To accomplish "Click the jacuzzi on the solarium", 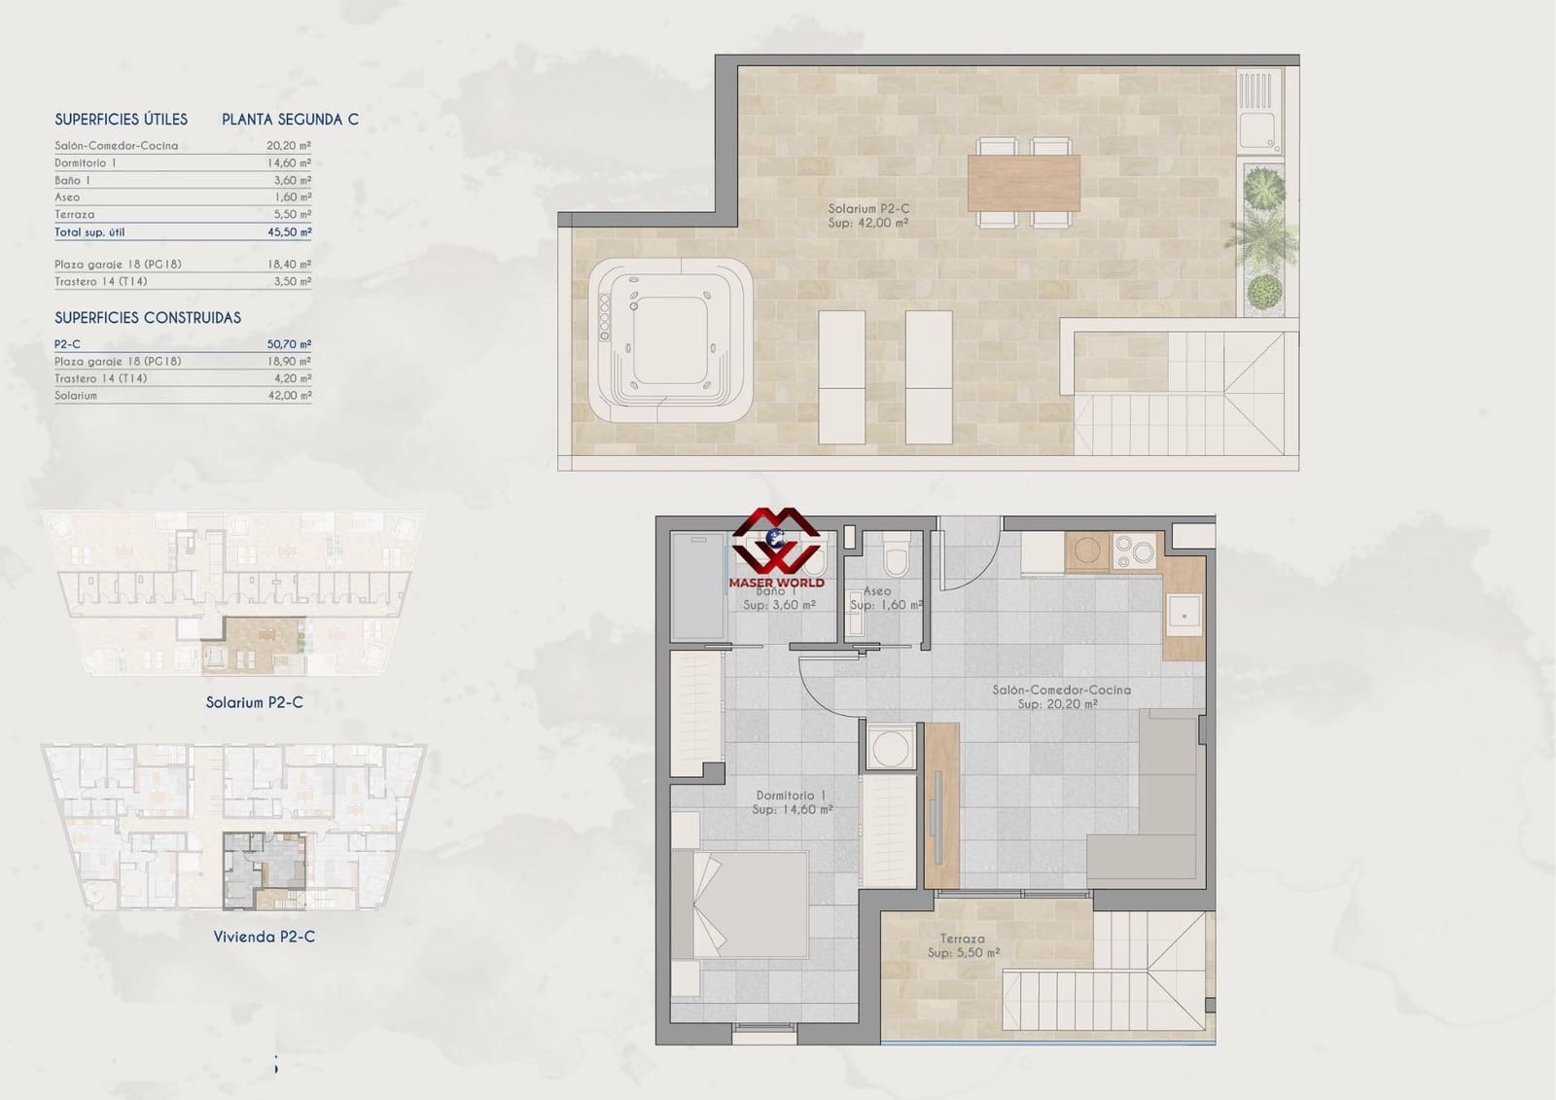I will tap(670, 339).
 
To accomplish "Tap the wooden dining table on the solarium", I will tap(1023, 183).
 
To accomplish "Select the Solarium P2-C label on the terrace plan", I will tap(868, 215).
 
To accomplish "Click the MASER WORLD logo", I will tap(776, 550).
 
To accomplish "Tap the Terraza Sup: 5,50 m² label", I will tap(963, 945).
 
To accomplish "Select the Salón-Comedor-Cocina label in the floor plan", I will tap(1060, 696).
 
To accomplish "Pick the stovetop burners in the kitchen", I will tap(1131, 551).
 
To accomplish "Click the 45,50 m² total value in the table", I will tap(291, 232).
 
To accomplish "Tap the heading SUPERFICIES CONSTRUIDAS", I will tap(148, 318).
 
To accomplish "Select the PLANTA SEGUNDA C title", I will tap(290, 120).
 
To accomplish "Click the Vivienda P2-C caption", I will tap(264, 937).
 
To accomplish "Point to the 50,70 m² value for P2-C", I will tap(290, 344).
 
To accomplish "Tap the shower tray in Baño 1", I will tap(698, 586).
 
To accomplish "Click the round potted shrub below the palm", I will tap(1264, 290).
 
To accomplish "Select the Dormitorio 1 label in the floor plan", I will tap(791, 801).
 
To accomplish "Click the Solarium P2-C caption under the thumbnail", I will tap(254, 702).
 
